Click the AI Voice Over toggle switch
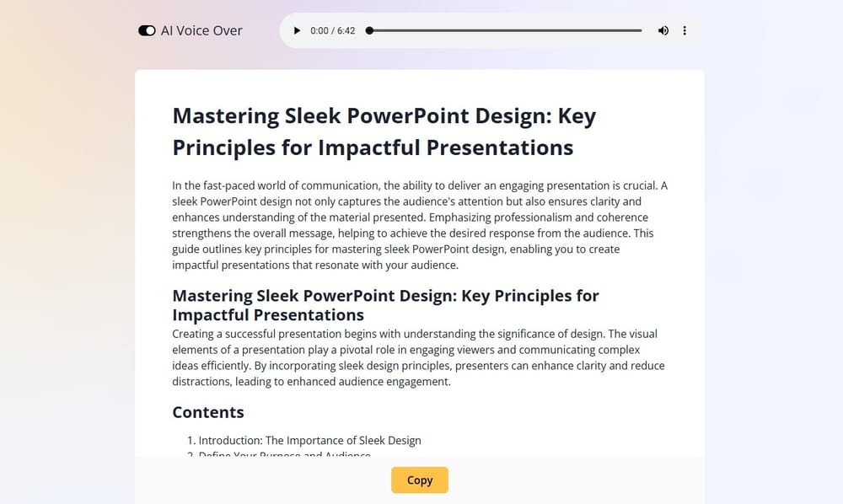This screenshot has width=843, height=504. click(x=147, y=30)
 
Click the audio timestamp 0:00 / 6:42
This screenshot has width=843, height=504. click(x=332, y=30)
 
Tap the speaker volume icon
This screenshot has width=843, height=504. click(x=663, y=30)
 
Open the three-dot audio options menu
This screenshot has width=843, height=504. click(x=685, y=30)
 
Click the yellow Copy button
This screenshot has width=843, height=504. click(x=419, y=480)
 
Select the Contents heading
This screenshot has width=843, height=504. click(x=208, y=412)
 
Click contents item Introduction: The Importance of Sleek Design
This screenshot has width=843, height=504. click(x=309, y=440)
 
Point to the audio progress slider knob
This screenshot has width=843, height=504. click(x=369, y=30)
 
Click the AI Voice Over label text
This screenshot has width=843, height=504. click(x=201, y=30)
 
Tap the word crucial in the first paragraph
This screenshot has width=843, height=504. click(x=638, y=185)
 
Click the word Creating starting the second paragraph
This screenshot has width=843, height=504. click(x=196, y=334)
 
